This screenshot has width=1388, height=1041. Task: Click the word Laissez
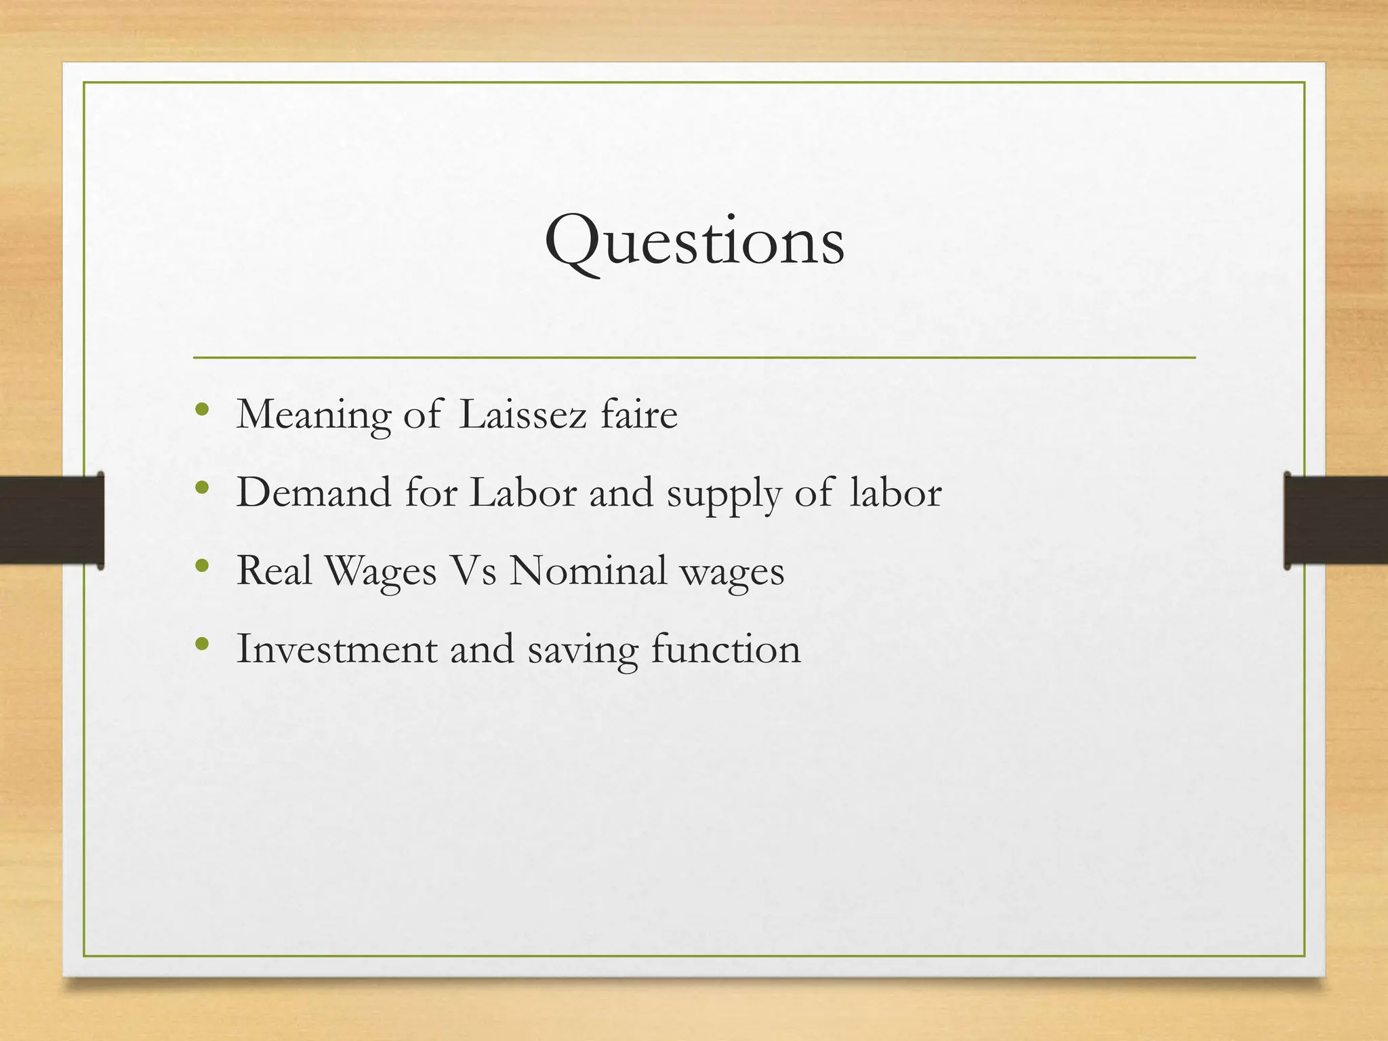522,415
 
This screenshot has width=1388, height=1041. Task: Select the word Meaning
313,415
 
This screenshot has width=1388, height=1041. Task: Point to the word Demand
313,493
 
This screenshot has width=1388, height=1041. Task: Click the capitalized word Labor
523,493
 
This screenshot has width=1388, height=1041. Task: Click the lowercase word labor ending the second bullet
895,493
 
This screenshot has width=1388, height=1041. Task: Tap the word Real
274,571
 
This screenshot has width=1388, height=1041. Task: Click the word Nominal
588,571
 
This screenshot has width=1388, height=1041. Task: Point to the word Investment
337,649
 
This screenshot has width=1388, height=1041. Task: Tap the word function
726,649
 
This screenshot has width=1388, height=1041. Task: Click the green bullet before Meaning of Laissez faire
201,409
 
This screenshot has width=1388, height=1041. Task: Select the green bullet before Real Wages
201,565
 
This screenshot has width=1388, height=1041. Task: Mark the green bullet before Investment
201,643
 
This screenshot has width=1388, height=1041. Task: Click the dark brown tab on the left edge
52,520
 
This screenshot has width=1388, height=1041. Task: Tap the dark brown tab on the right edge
1336,520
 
